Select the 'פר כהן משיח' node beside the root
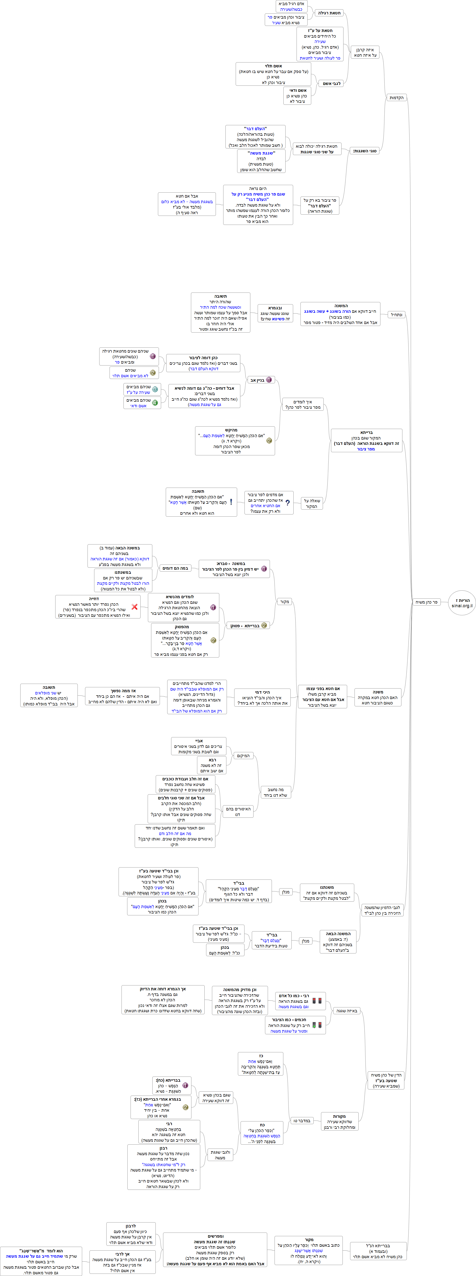(x=426, y=602)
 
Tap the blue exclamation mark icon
(x=231, y=502)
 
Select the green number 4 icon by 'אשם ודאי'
(x=155, y=403)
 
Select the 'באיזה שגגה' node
(x=347, y=1011)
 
